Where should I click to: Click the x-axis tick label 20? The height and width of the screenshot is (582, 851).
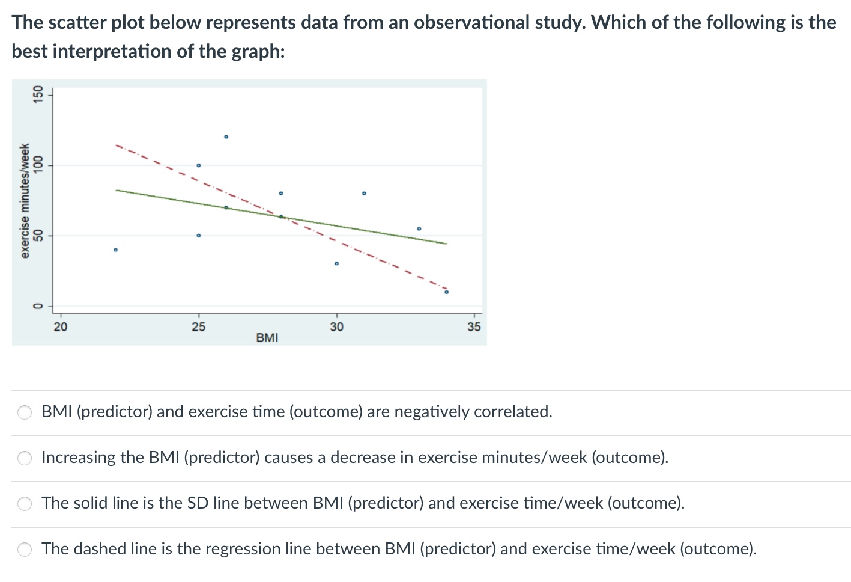[x=61, y=327]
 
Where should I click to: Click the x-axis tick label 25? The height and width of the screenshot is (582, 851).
[x=198, y=327]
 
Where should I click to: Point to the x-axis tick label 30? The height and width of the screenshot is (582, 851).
[x=336, y=327]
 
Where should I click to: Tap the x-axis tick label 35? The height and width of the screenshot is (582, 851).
[x=474, y=327]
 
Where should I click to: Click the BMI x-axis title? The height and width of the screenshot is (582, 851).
[x=267, y=337]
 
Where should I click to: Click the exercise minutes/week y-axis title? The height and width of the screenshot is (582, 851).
[x=25, y=201]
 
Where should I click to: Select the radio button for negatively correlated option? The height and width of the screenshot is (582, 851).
[x=25, y=412]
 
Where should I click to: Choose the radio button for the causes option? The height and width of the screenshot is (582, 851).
[x=25, y=458]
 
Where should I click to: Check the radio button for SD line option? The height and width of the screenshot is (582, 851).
[x=25, y=504]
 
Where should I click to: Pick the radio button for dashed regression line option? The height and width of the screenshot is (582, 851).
[x=25, y=550]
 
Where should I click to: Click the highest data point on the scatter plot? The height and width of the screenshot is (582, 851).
[x=226, y=136]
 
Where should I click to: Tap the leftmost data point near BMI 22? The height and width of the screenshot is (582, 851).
[x=116, y=250]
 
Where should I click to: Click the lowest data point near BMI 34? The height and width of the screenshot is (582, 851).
[x=446, y=292]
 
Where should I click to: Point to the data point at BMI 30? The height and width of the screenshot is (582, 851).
[x=336, y=263]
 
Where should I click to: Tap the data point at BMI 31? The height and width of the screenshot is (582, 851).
[x=364, y=193]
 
